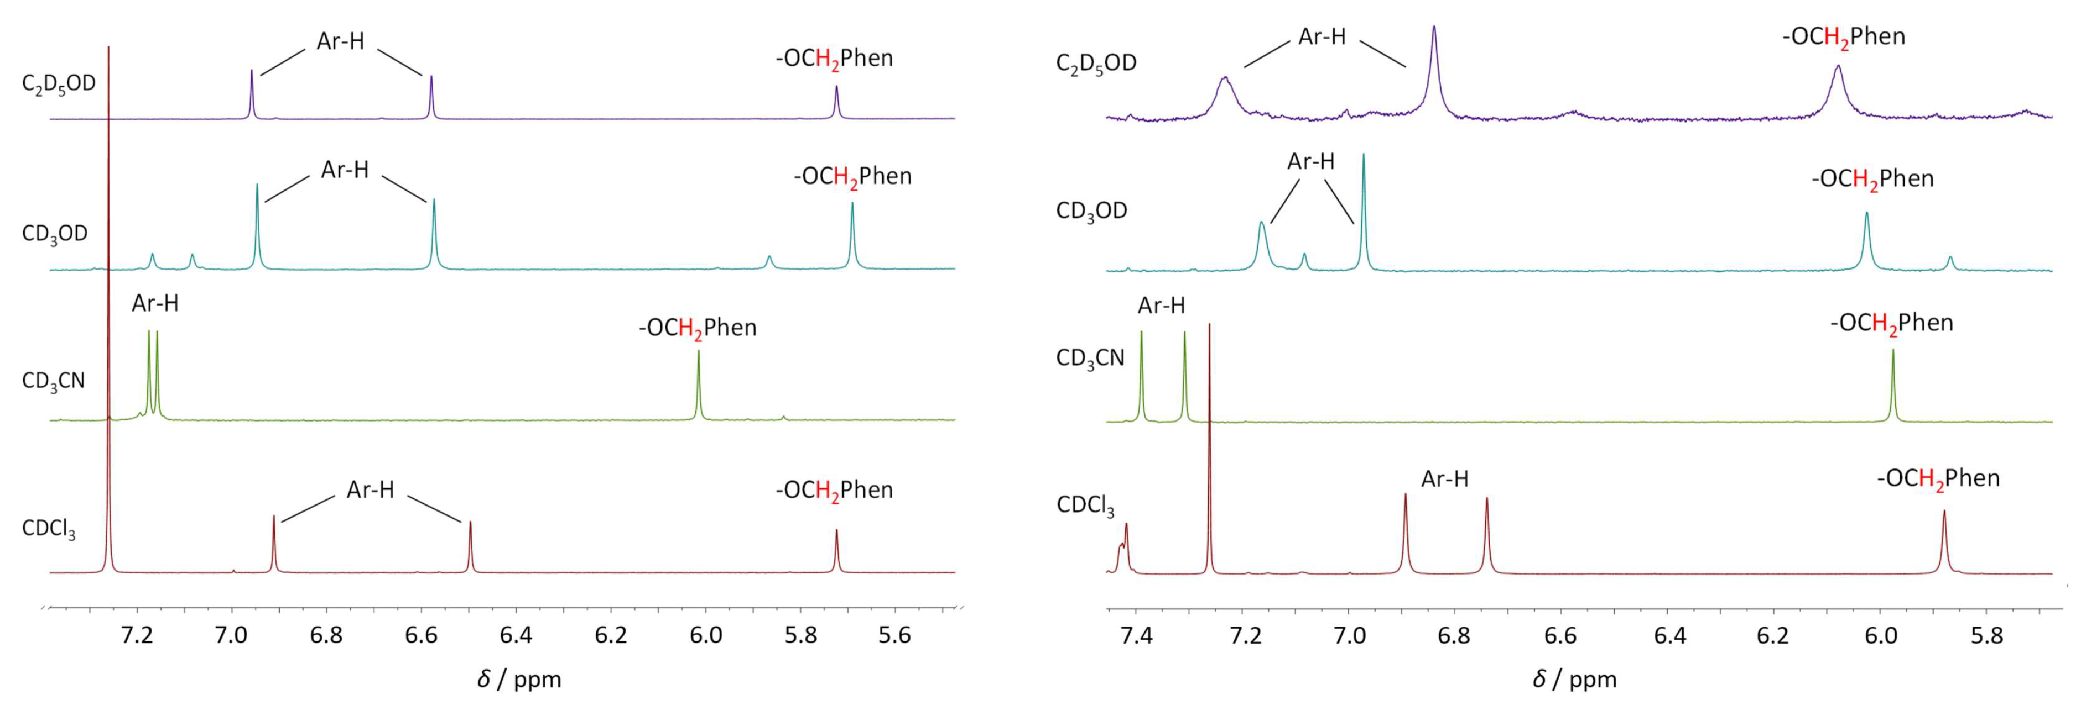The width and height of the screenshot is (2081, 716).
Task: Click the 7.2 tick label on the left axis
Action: (137, 635)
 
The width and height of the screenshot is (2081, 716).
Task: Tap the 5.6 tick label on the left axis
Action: (895, 635)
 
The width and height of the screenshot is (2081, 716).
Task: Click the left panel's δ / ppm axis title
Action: (519, 680)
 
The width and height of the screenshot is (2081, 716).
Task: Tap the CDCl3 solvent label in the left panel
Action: (49, 529)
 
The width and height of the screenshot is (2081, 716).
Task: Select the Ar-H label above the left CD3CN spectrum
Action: (155, 303)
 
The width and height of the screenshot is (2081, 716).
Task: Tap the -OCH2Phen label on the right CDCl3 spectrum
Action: (1937, 478)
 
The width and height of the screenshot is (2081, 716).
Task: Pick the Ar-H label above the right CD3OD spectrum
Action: (1310, 161)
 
